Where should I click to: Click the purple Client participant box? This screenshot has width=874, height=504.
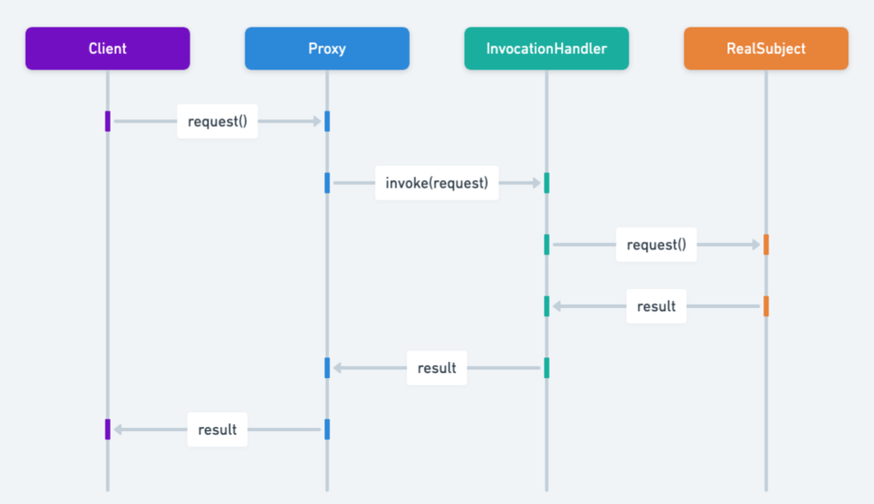[x=107, y=49]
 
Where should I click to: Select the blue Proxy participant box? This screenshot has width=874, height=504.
[x=327, y=49]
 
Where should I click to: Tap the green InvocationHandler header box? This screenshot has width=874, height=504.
[x=546, y=49]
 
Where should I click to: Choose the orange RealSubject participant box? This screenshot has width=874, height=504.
[x=766, y=49]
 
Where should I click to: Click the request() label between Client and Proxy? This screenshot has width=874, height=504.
[x=217, y=122]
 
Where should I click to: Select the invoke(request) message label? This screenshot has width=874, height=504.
[x=437, y=183]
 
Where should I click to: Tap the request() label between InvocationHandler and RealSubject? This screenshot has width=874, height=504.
[x=656, y=245]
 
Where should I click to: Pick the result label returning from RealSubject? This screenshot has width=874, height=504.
[x=656, y=307]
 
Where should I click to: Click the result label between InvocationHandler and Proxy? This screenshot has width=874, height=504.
[x=437, y=369]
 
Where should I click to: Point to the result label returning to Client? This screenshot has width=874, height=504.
[x=217, y=430]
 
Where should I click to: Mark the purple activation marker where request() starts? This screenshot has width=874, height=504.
[x=107, y=122]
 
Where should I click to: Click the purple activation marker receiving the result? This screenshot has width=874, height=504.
[x=107, y=429]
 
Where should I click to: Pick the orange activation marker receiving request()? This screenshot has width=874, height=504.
[x=766, y=245]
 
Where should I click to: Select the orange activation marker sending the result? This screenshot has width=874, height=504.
[x=766, y=307]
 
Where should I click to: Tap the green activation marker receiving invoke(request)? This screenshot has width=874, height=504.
[x=546, y=183]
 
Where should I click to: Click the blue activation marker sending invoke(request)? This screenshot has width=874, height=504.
[x=327, y=183]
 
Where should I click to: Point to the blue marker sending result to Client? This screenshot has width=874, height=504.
[x=327, y=429]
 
